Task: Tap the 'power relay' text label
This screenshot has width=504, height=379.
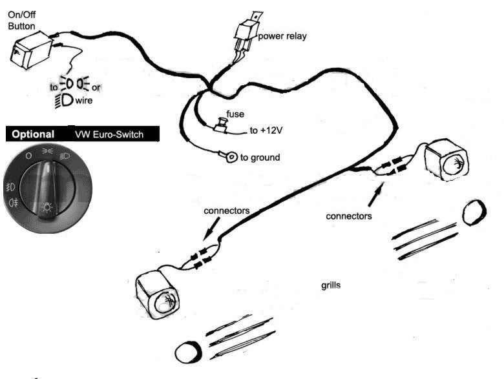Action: [282, 36]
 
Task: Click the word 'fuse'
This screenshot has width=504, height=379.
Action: [235, 114]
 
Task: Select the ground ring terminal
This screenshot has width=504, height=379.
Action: [229, 156]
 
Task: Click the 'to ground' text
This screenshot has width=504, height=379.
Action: [261, 157]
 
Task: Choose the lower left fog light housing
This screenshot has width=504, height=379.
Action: [158, 294]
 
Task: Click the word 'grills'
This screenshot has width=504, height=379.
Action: [331, 284]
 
